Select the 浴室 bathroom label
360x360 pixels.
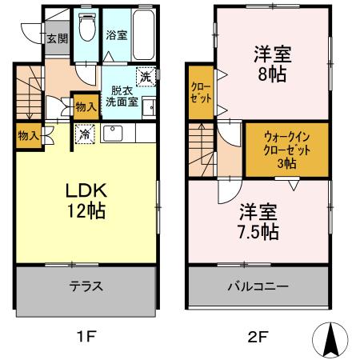[116, 35]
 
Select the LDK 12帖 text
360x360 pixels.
[86, 201]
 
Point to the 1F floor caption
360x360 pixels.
[86, 336]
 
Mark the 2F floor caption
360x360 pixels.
[257, 336]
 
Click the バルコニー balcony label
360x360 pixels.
[258, 286]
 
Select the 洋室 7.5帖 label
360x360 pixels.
[258, 222]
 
